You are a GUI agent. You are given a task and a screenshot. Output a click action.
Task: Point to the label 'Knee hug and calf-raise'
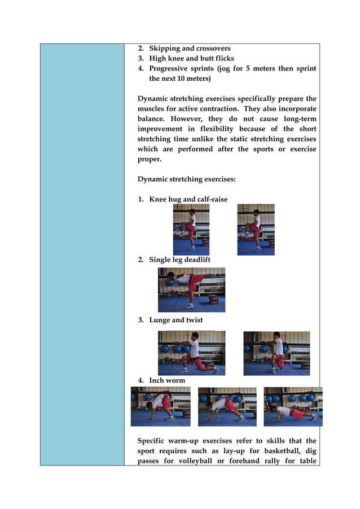click(188, 199)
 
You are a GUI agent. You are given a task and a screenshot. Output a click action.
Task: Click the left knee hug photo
click(191, 230)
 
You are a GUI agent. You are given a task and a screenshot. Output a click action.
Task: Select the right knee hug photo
click(256, 230)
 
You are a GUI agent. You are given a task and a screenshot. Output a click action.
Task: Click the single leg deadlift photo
click(191, 290)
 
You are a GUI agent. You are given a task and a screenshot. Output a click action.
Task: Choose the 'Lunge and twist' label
click(175, 320)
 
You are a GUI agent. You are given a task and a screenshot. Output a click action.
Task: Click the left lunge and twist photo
click(191, 353)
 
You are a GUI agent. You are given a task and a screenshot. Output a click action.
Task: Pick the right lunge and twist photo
click(276, 353)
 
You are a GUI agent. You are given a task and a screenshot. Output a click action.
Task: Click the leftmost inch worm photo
click(160, 406)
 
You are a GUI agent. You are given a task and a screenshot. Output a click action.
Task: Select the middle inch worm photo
click(227, 406)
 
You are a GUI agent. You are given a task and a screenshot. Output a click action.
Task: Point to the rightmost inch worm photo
click(293, 406)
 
